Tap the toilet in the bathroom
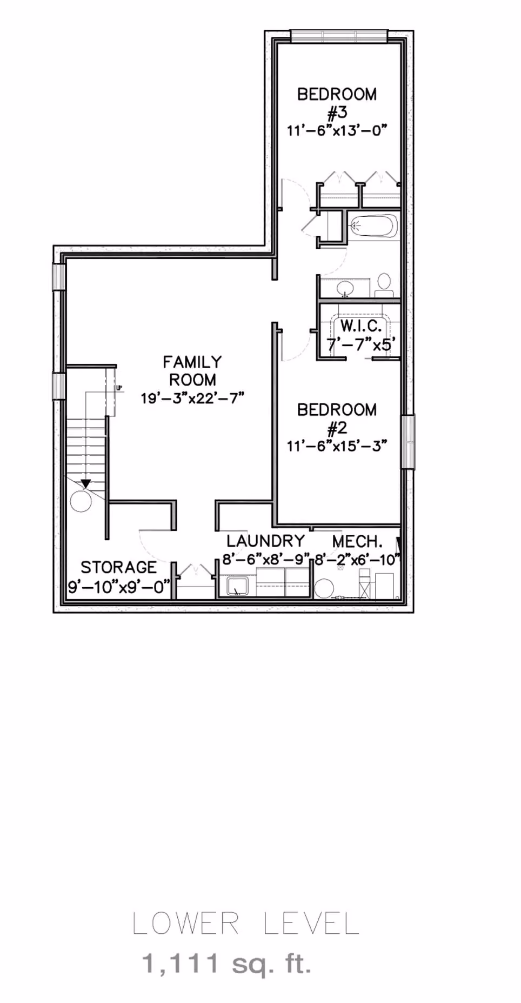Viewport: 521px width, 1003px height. click(384, 285)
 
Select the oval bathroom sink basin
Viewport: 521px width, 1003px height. click(345, 288)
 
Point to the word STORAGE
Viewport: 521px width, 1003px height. click(119, 567)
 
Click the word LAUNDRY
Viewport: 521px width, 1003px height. click(265, 541)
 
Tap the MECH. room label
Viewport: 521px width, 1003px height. click(357, 541)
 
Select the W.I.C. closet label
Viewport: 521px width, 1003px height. click(361, 326)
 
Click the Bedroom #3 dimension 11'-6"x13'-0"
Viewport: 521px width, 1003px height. click(337, 130)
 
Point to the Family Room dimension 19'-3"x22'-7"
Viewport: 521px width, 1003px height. click(192, 398)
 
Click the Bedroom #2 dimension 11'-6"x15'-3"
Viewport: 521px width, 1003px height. click(337, 446)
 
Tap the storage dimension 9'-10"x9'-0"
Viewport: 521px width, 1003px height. click(119, 587)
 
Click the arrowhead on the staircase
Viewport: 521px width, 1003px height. click(85, 484)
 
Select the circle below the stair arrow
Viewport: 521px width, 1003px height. click(82, 500)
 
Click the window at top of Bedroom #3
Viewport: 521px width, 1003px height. click(339, 36)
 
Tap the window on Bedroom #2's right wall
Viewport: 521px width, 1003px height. click(408, 442)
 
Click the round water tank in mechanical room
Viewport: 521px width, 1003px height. click(324, 588)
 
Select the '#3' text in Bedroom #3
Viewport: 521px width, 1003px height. click(337, 113)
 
